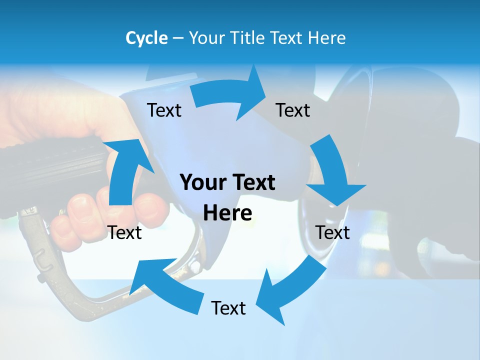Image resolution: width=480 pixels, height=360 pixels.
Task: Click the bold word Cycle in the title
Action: tap(146, 38)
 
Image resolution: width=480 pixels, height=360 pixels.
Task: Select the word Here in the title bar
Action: tap(327, 38)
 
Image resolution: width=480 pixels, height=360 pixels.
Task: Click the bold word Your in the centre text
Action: tap(203, 182)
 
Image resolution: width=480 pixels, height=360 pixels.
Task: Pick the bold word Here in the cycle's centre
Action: tap(227, 213)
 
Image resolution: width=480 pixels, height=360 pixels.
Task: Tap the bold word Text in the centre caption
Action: tap(252, 182)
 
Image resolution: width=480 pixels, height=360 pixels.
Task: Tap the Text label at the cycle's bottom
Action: tap(228, 308)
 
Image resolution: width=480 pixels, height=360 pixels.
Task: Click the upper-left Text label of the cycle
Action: tap(164, 110)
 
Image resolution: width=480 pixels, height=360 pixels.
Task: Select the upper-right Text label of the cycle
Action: tap(293, 110)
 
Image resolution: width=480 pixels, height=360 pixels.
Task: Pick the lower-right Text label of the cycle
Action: tap(332, 232)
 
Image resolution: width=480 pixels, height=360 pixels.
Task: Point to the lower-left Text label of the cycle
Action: tap(124, 232)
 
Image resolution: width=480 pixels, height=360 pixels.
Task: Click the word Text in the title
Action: tap(289, 38)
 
